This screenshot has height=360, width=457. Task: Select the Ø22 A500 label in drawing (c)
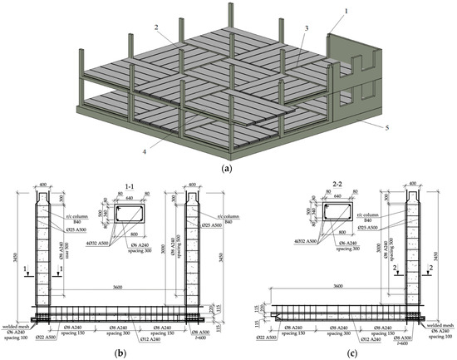point(273,340)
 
